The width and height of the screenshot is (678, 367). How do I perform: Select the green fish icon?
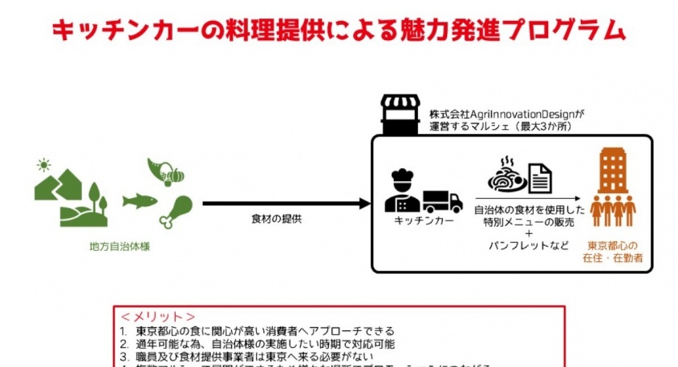(x=140, y=200)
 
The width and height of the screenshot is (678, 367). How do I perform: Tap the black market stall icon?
(x=400, y=115)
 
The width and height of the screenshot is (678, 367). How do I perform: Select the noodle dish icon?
(x=508, y=173)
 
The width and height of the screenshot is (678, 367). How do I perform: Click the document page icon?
(x=539, y=176)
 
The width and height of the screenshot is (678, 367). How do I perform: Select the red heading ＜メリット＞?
(x=158, y=317)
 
